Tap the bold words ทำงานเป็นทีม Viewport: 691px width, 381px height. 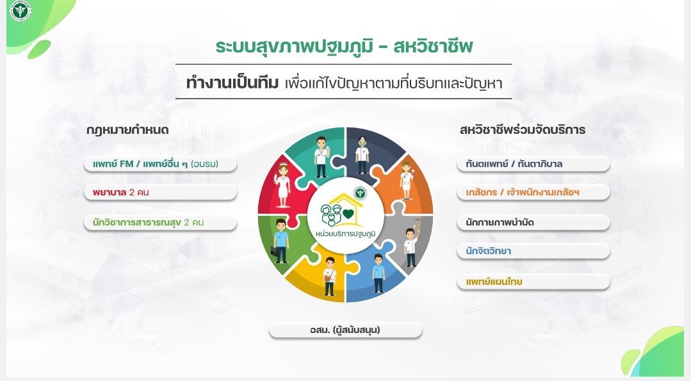232,83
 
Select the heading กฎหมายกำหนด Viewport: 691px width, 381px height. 127,130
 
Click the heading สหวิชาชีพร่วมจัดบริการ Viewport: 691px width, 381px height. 523,130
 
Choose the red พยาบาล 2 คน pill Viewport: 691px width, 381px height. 160,192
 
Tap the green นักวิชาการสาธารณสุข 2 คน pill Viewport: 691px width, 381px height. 160,223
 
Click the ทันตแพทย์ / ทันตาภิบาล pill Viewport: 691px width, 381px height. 533,164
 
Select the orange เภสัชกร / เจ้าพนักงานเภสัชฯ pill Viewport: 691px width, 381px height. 533,192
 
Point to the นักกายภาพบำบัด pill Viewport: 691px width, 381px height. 533,223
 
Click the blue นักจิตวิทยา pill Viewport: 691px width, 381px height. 533,251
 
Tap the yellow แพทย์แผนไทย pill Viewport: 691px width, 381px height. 533,282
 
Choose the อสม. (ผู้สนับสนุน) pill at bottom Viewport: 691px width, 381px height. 345,330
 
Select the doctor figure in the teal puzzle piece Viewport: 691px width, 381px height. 321,157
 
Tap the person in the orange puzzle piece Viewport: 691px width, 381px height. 405,178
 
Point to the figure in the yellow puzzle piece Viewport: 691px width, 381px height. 330,276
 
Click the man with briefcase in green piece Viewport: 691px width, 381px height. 280,240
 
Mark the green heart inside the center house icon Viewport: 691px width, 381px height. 348,214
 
